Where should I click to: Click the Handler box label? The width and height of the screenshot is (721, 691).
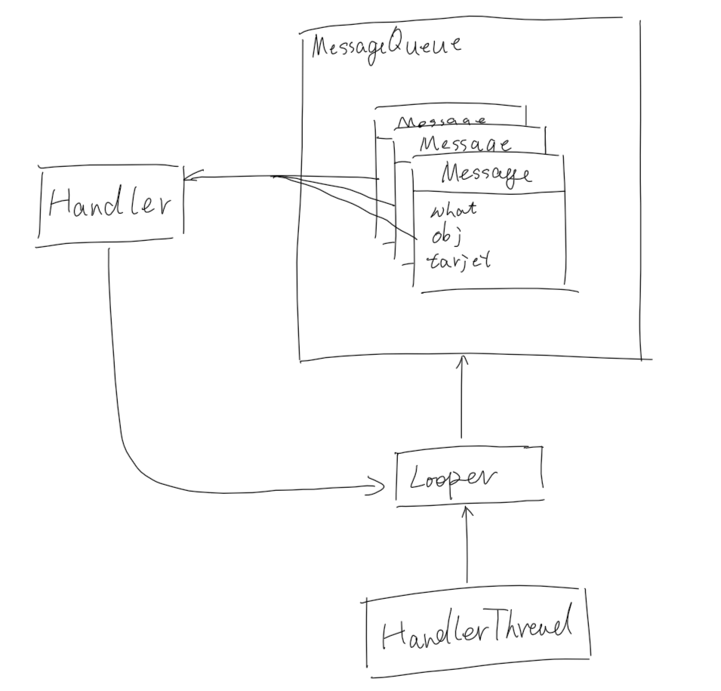click(x=111, y=202)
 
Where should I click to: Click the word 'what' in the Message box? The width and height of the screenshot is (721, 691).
click(x=452, y=210)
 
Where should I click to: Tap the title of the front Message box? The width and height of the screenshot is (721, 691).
click(x=486, y=174)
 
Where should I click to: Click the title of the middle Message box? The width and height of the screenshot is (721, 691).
click(x=464, y=143)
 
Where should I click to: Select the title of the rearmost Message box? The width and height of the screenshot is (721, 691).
click(x=442, y=122)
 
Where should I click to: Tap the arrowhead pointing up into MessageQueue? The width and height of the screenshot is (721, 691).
click(x=462, y=362)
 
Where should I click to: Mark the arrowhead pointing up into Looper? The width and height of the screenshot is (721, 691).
click(x=467, y=512)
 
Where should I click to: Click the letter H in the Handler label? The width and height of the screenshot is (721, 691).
click(x=60, y=202)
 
